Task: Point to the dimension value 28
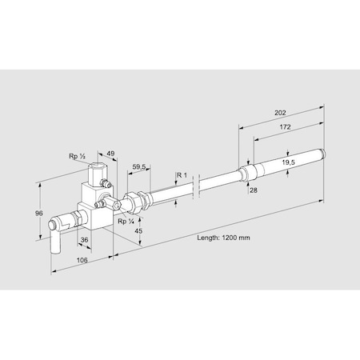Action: (x=253, y=190)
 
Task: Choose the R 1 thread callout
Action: (x=182, y=174)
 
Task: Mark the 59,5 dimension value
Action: (x=138, y=167)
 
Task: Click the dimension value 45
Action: (x=138, y=231)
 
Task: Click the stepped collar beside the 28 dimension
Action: (x=248, y=171)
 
